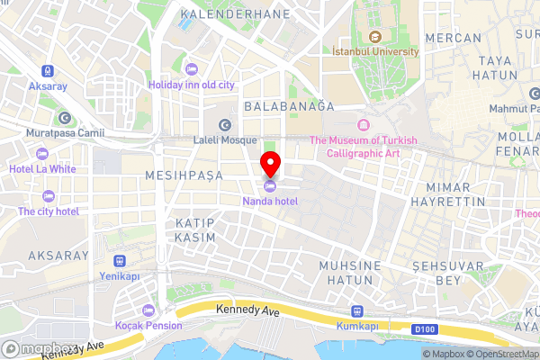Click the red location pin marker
coord(270,164)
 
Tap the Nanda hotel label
coord(269,202)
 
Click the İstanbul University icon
coord(375,37)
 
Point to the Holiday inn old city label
coord(191,85)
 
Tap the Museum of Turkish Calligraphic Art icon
coord(364,124)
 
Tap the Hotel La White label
coord(42,168)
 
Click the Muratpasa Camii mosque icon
coord(65,118)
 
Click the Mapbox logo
coord(39,348)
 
